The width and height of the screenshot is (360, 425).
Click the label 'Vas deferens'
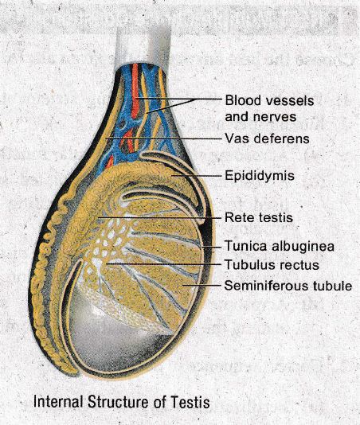[x=268, y=138]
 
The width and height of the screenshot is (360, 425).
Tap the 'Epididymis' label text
[x=260, y=176]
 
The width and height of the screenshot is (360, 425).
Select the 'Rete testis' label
[x=259, y=217]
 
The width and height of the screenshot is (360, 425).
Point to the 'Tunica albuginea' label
[x=280, y=247]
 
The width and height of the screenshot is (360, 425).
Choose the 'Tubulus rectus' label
[x=272, y=264]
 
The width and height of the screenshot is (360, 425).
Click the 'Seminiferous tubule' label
[x=288, y=286]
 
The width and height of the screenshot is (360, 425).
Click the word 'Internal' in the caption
[x=58, y=402]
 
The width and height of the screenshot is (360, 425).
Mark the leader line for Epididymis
[x=197, y=176]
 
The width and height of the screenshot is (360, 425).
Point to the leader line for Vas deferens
[x=163, y=138]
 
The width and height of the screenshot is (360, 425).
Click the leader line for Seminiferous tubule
[x=202, y=285]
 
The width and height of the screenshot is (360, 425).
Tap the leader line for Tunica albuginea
[x=211, y=247]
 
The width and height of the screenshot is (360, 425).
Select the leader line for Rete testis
[x=159, y=217]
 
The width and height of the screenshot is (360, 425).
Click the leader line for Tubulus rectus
[x=163, y=263]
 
